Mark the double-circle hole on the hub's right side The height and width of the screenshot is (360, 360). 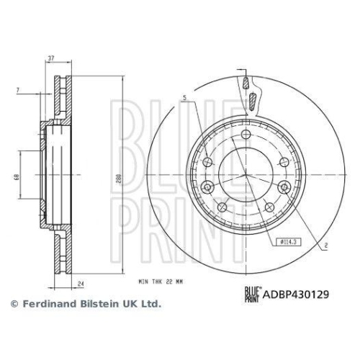(x=284, y=189)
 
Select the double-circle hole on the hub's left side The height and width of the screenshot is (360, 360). (x=207, y=189)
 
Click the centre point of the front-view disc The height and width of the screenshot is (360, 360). (x=246, y=176)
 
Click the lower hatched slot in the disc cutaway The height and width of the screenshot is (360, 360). (x=253, y=99)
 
